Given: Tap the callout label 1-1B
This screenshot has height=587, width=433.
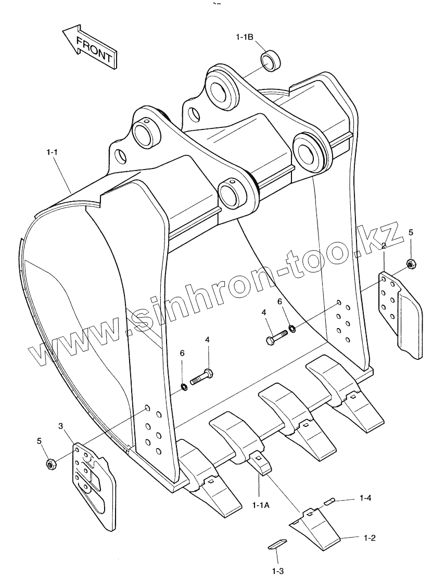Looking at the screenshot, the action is pos(244,37).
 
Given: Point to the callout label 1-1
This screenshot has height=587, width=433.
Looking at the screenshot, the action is pos(52,152).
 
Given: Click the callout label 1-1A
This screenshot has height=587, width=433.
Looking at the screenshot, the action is pos(260,505).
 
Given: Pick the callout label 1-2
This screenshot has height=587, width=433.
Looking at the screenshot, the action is pos(370,538).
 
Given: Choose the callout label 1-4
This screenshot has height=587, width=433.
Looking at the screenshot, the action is pos(365,498).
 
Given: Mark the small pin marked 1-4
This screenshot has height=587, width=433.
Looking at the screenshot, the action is pos(329,501).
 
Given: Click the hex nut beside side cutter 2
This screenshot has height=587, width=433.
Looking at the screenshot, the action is pos(410,265).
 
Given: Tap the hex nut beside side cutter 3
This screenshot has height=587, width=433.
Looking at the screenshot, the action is pos(51,463).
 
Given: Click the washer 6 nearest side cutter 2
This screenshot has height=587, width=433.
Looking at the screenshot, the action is pos(293,328).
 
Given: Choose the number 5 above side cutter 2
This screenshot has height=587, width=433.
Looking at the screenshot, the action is pos(410,232).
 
